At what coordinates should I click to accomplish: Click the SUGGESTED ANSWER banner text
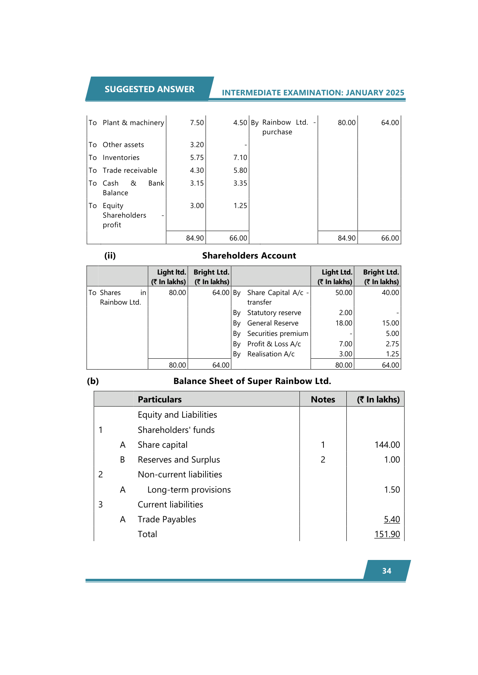149,89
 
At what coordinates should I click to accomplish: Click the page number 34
386,571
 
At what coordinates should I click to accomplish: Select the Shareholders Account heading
249,256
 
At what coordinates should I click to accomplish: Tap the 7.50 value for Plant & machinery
197,123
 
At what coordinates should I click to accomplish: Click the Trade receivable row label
130,170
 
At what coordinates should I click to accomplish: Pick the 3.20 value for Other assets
197,145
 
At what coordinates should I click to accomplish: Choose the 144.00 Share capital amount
387,445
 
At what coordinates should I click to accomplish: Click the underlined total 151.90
387,534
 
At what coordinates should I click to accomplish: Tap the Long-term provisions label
189,489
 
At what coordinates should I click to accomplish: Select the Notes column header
323,399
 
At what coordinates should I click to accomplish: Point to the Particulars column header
159,399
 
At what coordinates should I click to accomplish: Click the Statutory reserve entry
274,313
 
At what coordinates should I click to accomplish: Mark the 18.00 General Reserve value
344,323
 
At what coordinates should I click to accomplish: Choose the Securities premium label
277,333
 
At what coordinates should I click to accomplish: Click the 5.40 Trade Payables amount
392,519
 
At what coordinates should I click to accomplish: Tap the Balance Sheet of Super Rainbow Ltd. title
252,381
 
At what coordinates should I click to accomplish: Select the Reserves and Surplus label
179,459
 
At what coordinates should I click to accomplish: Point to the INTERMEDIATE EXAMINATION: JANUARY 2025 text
313,93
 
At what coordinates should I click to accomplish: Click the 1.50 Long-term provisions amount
392,489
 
